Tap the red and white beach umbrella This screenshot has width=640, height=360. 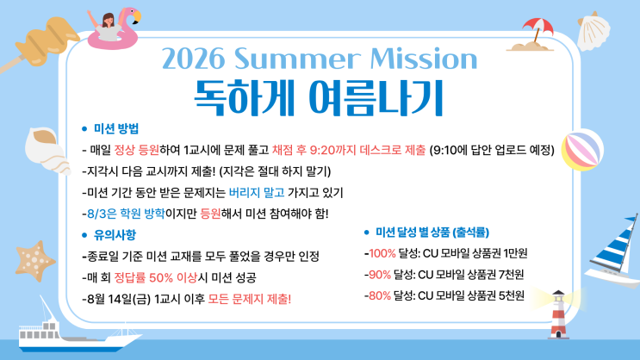coord(537,28)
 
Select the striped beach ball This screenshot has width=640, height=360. coord(582,150)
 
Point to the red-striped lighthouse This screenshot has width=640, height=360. coord(559,314)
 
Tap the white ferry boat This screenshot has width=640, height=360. coord(73,332)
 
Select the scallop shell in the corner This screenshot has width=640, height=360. coord(593,31)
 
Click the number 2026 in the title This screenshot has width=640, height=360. coord(193,59)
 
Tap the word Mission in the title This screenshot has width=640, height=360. coord(424,59)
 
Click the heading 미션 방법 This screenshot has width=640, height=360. coord(116,129)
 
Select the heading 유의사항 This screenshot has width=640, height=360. coord(115,235)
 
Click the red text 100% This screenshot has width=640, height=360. coord(382,253)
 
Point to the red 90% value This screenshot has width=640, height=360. coord(380,275)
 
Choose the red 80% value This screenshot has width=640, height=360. coord(380,295)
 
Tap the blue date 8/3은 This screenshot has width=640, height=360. coord(102,214)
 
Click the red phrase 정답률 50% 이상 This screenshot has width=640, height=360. coord(156,278)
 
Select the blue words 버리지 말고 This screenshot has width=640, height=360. coord(257,193)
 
